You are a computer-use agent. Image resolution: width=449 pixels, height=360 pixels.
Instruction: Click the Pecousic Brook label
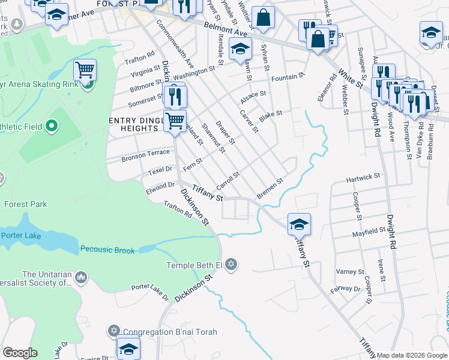point(107,250)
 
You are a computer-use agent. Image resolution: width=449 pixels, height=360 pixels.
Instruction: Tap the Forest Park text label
point(25,204)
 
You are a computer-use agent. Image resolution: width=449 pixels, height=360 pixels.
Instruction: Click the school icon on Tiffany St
point(299,224)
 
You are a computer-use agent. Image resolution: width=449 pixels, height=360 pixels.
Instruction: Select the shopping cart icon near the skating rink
point(85,70)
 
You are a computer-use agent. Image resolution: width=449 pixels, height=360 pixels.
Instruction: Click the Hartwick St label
point(364,178)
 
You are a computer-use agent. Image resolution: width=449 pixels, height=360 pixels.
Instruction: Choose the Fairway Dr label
point(349,289)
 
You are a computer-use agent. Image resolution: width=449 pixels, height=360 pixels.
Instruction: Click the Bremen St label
point(270,188)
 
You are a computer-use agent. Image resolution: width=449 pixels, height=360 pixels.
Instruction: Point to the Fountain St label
point(288,77)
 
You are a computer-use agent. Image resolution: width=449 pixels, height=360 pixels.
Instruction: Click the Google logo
point(20,353)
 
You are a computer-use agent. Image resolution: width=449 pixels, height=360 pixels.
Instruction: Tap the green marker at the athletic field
point(51,126)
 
